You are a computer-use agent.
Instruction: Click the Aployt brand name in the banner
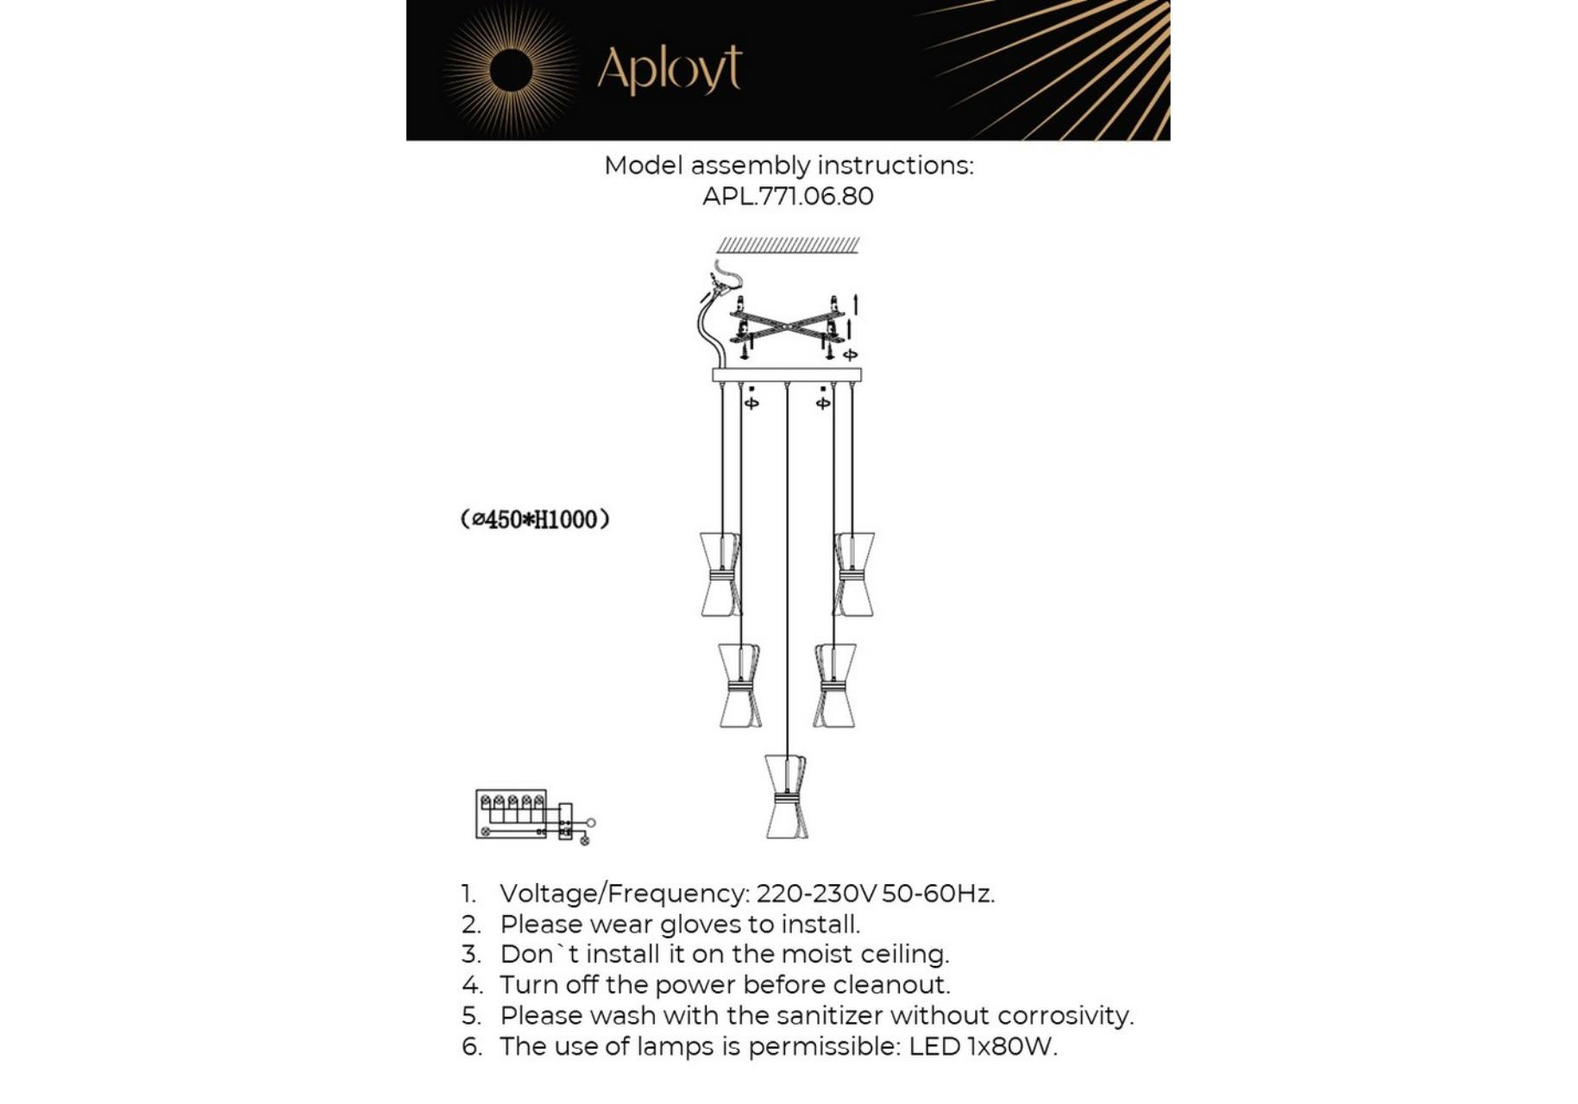tap(669, 70)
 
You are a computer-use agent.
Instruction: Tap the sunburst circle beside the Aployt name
tap(510, 70)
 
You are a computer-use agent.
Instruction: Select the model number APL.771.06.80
tap(787, 197)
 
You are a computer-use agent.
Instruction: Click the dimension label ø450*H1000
tap(535, 519)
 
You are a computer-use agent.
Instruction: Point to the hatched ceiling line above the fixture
tap(788, 245)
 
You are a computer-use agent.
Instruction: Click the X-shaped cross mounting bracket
tap(787, 326)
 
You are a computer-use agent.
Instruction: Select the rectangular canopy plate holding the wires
tap(786, 374)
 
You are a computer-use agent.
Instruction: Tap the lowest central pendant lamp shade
tap(785, 796)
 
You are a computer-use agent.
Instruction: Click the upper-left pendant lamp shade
tap(720, 574)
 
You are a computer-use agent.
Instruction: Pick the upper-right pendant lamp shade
tap(854, 574)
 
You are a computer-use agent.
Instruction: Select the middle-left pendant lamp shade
tap(739, 685)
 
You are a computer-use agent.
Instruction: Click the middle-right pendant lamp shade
tap(834, 685)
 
